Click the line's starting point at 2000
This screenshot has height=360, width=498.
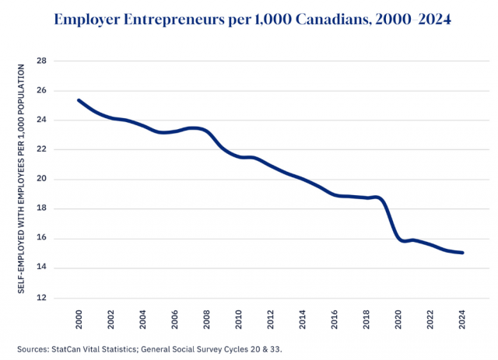coord(79,100)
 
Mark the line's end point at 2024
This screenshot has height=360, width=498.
coord(463,253)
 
